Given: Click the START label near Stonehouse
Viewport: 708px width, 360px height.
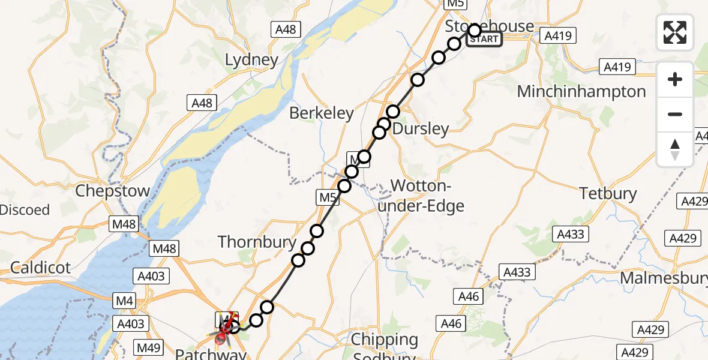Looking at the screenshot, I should click(484, 40).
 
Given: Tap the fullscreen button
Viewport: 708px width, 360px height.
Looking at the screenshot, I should click(675, 32).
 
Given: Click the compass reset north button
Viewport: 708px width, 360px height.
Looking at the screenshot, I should click(675, 149).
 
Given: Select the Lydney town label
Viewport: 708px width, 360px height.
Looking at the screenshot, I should click(251, 60).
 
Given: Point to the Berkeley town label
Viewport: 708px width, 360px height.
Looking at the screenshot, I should click(321, 113).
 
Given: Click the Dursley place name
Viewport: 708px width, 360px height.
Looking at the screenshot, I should click(421, 128).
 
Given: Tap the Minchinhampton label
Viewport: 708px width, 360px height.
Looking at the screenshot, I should click(581, 92).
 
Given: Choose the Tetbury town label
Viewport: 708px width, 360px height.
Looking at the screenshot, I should click(608, 193).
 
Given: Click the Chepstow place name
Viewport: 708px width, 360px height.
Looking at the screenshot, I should click(112, 191).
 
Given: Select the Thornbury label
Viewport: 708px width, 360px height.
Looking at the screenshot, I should click(257, 242).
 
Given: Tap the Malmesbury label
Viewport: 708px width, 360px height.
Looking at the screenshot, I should click(663, 278).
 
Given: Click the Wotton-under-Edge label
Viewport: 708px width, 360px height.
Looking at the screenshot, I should click(427, 196).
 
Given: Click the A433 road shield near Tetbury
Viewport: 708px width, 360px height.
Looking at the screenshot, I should click(570, 234).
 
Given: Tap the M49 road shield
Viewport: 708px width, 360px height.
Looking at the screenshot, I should click(146, 347).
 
